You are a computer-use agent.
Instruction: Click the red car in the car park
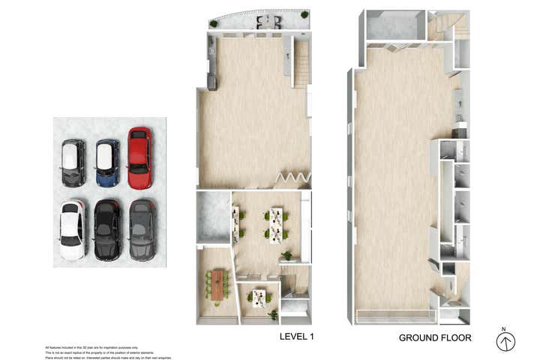click(139, 157)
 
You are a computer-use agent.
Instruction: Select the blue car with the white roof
click(107, 162)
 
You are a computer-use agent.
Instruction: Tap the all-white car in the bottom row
click(73, 229)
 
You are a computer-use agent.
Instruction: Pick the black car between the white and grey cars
click(107, 229)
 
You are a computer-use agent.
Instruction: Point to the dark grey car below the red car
click(142, 229)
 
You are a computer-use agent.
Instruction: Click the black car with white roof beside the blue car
click(73, 163)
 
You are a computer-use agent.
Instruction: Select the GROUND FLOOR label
click(435, 337)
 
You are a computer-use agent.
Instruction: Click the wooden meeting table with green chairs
click(217, 284)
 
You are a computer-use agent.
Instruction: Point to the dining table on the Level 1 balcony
click(266, 22)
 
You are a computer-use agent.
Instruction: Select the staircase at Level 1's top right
click(301, 64)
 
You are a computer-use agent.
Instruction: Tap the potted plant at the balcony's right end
click(304, 15)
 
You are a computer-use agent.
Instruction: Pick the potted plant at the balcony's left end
click(213, 24)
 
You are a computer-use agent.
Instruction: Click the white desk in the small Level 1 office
click(259, 298)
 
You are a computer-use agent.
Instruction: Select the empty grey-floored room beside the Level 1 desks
click(212, 217)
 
